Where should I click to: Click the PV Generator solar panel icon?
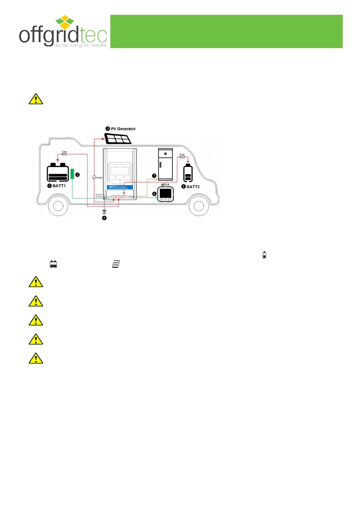click(118, 138)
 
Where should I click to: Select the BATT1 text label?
click(59, 186)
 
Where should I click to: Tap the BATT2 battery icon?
click(188, 173)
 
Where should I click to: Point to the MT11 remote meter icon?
click(165, 194)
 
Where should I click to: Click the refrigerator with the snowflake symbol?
click(165, 164)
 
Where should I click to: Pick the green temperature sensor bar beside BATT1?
click(72, 174)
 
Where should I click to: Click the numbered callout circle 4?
click(104, 218)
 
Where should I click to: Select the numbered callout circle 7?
click(154, 176)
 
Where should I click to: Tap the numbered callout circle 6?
click(154, 194)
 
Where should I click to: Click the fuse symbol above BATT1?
click(64, 154)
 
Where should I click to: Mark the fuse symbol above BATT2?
click(182, 157)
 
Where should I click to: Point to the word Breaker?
click(99, 178)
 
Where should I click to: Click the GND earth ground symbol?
click(104, 211)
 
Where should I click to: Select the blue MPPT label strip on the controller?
click(120, 187)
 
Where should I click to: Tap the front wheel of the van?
click(199, 206)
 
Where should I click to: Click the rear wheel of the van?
click(58, 206)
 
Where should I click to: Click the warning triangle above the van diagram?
click(36, 99)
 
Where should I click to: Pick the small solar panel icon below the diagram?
click(116, 264)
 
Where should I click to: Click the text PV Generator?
click(123, 129)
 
